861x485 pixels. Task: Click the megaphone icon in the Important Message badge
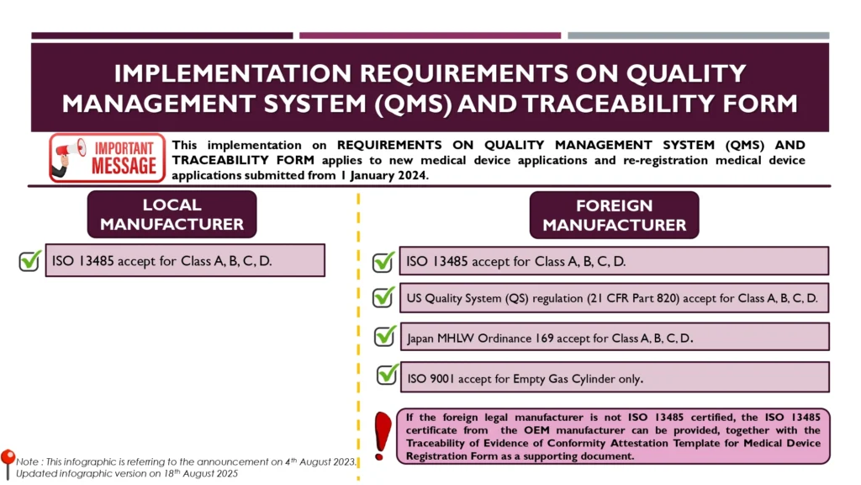point(70,156)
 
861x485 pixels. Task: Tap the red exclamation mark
point(383,436)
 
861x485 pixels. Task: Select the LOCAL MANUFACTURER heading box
point(172,215)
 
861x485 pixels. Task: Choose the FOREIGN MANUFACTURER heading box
point(614,215)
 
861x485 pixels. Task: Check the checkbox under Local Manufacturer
point(29,261)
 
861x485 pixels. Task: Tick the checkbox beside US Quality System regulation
point(383,297)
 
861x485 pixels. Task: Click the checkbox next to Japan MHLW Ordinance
point(384,337)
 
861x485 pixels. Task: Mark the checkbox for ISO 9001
point(387,375)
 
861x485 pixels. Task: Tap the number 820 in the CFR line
point(668,298)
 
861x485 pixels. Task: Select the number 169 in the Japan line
point(544,338)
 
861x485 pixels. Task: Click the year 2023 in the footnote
point(343,462)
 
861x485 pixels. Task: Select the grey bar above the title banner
point(699,35)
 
